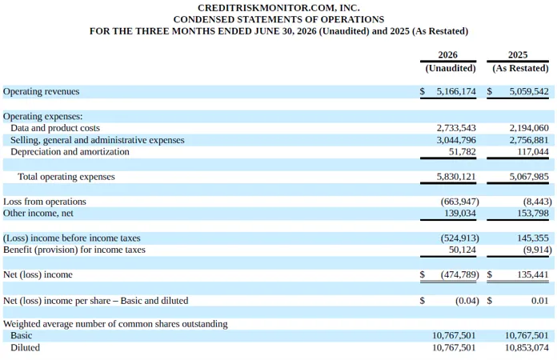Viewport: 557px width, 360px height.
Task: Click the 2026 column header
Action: click(447, 54)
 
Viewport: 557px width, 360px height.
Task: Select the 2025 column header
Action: click(518, 54)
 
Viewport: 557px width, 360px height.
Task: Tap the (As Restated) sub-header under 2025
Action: click(520, 68)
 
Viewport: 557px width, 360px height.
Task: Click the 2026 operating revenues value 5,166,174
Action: click(456, 91)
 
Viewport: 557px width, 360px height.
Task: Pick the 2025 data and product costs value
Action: click(529, 128)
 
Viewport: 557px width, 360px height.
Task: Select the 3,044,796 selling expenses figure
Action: click(456, 140)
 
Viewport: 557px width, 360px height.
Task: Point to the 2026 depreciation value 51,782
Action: click(462, 152)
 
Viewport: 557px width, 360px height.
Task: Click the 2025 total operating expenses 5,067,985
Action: click(529, 177)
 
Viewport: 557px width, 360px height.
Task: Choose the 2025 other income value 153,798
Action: click(533, 214)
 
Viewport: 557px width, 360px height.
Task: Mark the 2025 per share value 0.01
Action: click(540, 301)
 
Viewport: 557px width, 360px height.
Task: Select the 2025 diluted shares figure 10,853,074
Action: click(527, 347)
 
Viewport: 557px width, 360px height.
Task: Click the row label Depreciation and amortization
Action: click(70, 152)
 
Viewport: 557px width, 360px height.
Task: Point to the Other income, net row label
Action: click(38, 214)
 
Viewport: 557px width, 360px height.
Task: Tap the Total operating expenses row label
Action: click(66, 177)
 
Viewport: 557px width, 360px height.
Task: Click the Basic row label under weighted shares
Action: click(22, 335)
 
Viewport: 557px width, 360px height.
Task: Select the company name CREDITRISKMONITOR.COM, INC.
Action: click(278, 8)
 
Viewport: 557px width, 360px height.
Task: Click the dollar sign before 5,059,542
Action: click(490, 91)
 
